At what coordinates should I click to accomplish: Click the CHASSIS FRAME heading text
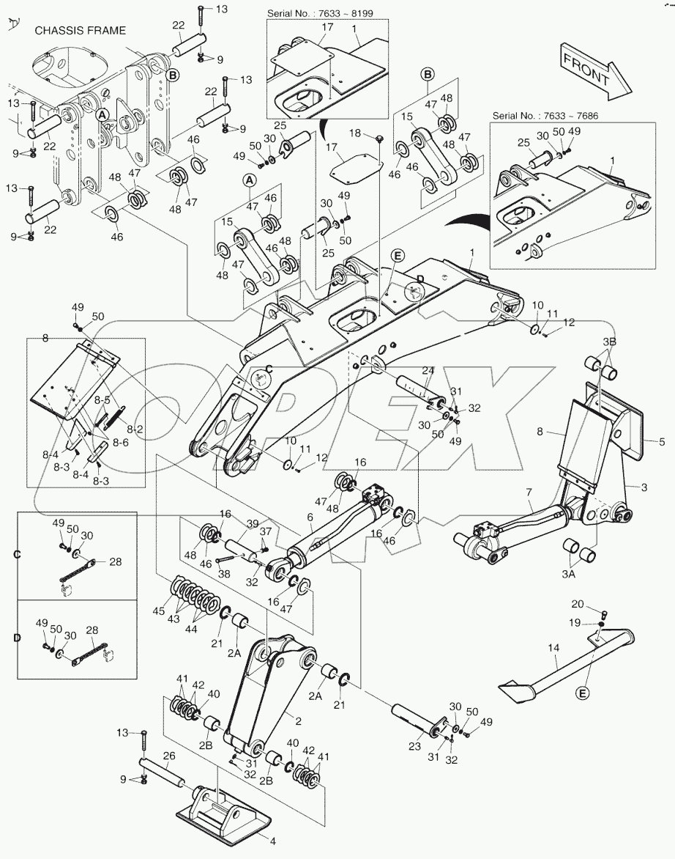[x=81, y=31]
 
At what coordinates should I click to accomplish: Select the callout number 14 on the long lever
[x=553, y=649]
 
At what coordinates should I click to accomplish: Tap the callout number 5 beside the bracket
[x=661, y=442]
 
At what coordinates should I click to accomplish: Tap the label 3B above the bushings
[x=609, y=342]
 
